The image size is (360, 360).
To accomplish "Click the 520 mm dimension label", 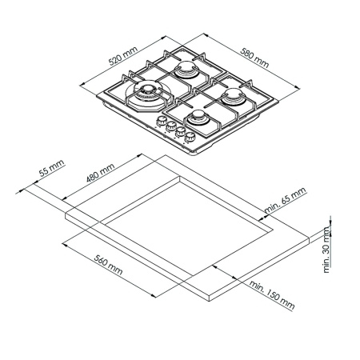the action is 123,56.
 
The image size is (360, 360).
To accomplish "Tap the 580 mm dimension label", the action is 254,58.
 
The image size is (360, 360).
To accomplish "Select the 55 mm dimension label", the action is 51,168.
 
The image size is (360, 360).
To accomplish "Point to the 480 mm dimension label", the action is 101,173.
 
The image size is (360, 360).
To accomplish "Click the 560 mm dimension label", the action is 109,265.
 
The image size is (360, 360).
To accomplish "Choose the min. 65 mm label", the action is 285,200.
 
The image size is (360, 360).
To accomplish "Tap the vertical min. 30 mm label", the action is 326,250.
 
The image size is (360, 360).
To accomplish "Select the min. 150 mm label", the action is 272,295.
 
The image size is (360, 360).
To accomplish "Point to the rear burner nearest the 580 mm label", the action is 186,69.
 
